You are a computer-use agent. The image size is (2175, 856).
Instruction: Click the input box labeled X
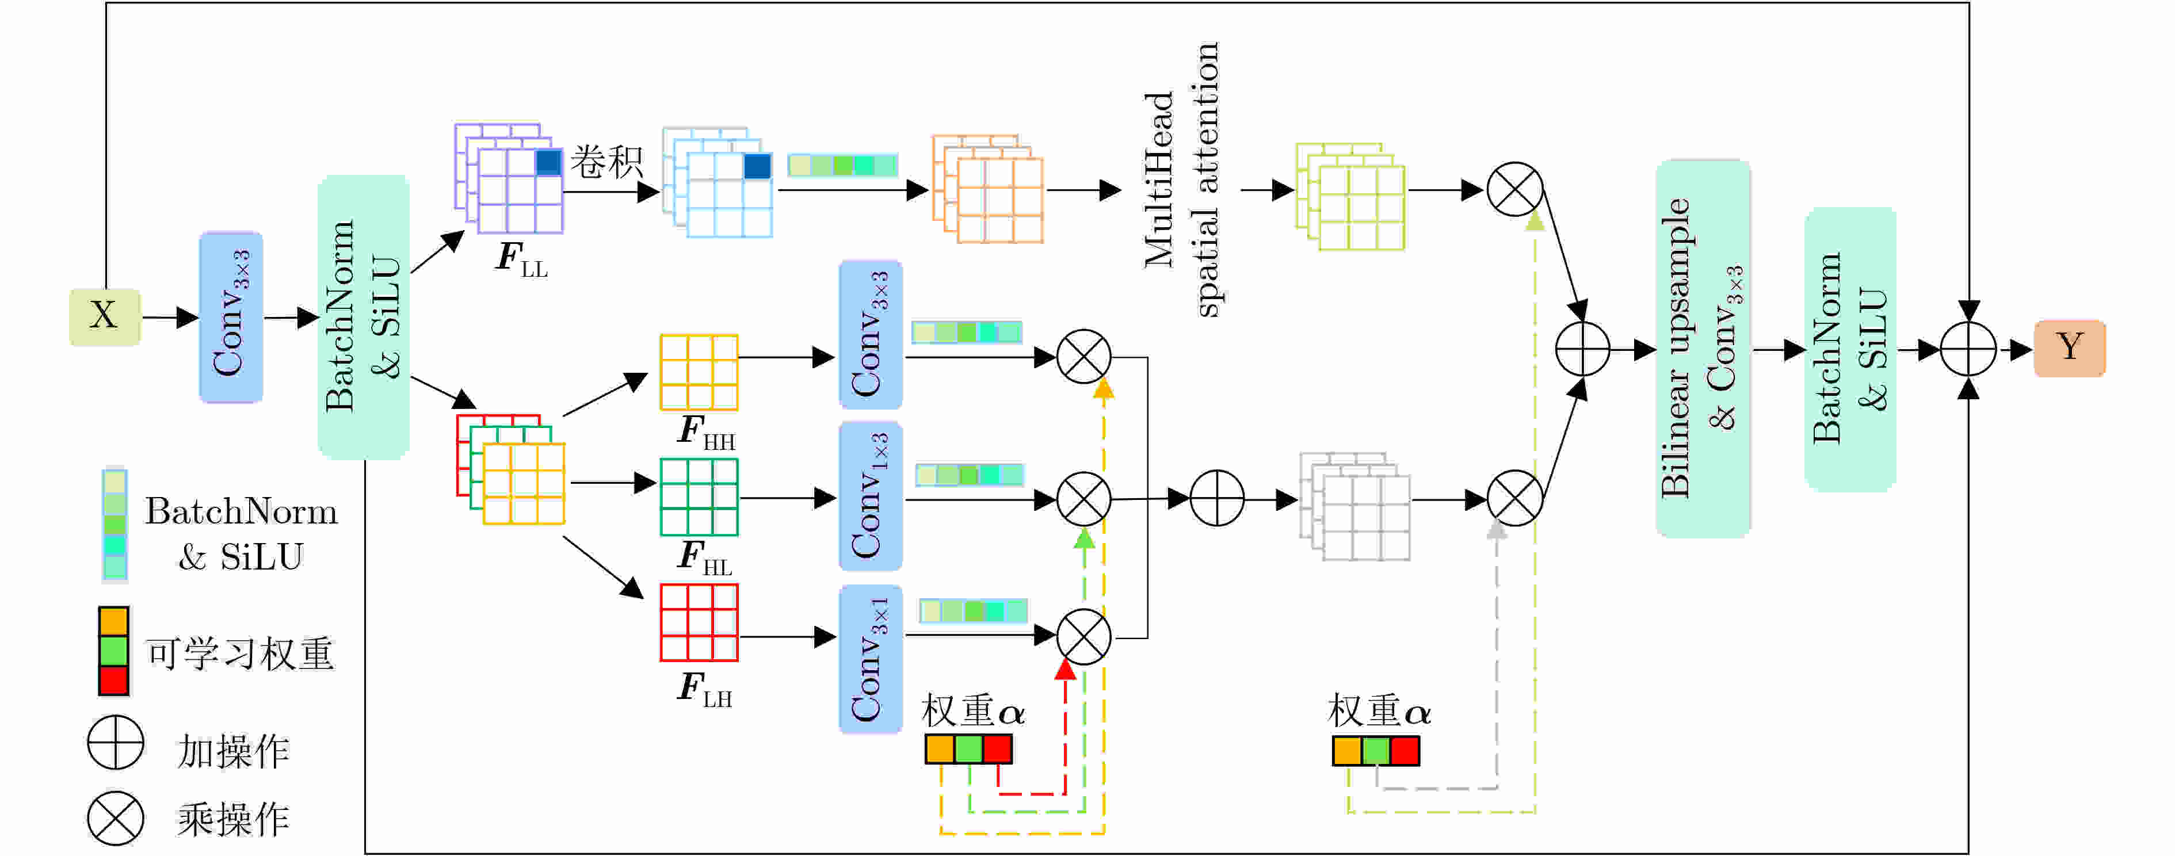coord(105,316)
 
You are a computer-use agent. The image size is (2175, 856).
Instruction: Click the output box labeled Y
coord(2069,347)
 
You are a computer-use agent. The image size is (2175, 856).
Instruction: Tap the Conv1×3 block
coord(871,496)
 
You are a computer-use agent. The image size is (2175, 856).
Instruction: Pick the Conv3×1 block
coord(871,659)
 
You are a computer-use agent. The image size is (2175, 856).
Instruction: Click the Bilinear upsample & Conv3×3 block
coord(1702,348)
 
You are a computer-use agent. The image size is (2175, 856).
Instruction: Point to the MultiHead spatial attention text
coord(1182,180)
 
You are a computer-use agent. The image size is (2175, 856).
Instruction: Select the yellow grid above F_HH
coord(699,372)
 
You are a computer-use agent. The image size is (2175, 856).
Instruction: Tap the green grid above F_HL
coord(699,496)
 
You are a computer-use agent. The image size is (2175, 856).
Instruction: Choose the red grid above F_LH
coord(699,622)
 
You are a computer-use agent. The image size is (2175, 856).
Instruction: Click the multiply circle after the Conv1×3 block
coord(1084,499)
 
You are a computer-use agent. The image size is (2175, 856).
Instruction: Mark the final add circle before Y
coord(1968,348)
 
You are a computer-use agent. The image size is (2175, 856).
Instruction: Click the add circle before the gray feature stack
coord(1217,499)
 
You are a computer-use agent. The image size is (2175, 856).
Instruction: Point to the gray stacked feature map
coord(1355,506)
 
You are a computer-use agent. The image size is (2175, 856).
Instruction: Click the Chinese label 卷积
coord(606,161)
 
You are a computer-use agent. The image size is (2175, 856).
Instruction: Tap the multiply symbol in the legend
coord(116,817)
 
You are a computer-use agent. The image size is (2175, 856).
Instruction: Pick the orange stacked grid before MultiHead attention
coord(988,189)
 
